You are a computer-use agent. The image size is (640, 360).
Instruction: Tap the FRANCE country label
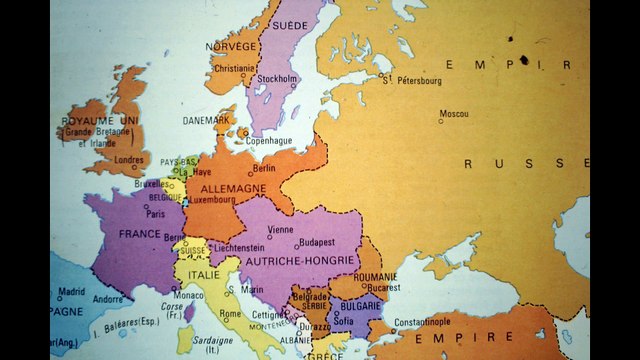[x=140, y=233]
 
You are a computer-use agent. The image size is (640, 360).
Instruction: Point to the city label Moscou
[x=454, y=113]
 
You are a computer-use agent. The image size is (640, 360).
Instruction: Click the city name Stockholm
[x=277, y=78]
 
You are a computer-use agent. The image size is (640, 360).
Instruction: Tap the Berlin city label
[x=265, y=169]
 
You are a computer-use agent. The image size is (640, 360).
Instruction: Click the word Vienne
[x=281, y=229]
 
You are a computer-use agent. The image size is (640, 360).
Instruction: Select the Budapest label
[x=316, y=241]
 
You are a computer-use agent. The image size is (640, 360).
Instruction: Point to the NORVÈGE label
[x=231, y=47]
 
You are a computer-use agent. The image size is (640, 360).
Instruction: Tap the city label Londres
[x=130, y=159]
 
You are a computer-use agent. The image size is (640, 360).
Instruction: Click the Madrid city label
[x=71, y=292]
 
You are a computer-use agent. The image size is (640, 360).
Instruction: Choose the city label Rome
[x=230, y=313]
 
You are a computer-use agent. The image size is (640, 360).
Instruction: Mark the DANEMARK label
[x=207, y=120]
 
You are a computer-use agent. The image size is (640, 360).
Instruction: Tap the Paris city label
[x=156, y=213]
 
